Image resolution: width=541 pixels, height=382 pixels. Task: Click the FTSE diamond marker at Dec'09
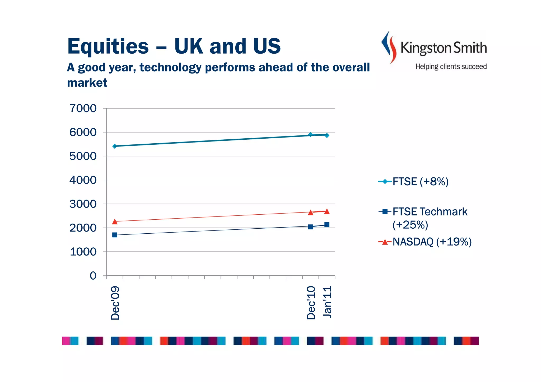click(115, 146)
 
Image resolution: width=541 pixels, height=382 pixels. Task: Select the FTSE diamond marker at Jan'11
click(327, 135)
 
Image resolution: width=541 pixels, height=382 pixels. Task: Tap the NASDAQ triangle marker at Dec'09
click(115, 222)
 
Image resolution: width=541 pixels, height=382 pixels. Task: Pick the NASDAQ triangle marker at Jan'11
click(327, 211)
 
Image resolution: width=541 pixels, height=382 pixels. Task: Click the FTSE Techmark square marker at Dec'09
click(115, 235)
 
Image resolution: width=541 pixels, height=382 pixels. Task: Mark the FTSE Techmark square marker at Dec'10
click(311, 227)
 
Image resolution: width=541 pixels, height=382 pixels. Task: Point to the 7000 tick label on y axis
click(83, 109)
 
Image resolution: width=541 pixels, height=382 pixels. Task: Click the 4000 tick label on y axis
click(83, 180)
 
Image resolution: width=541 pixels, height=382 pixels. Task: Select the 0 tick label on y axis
click(93, 276)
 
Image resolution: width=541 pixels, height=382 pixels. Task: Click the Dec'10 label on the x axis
click(311, 303)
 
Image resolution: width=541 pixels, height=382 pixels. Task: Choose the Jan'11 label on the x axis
click(327, 302)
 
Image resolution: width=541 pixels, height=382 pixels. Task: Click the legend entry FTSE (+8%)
click(420, 182)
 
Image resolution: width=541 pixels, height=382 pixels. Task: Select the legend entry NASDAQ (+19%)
click(432, 242)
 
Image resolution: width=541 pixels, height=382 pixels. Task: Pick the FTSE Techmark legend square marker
click(385, 211)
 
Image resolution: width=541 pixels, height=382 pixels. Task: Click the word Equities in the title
click(108, 46)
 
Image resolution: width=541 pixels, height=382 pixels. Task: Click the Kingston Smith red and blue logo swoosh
click(389, 47)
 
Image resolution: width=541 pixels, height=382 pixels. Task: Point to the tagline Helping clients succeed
click(451, 67)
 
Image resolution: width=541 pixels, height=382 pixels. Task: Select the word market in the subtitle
click(87, 83)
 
